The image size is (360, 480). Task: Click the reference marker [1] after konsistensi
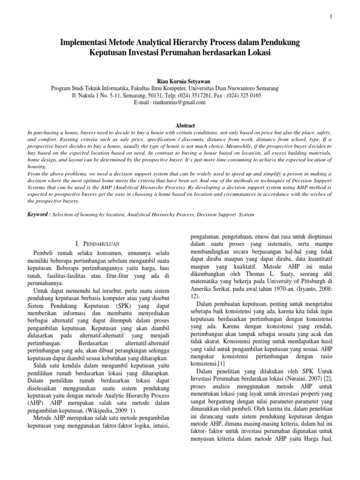pyautogui.click(x=222, y=363)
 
